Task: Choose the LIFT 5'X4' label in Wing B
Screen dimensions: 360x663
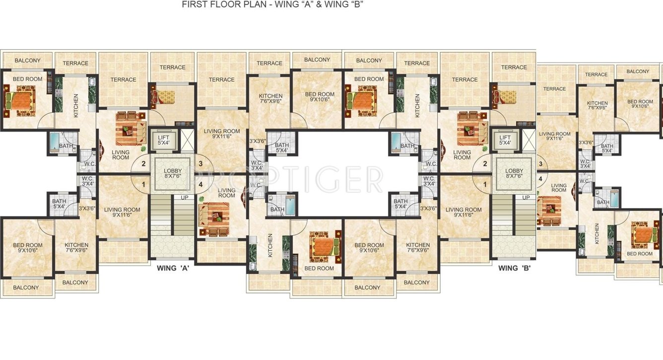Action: coord(505,141)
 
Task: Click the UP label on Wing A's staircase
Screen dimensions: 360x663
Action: coord(184,198)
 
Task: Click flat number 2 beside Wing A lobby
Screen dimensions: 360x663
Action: coord(143,163)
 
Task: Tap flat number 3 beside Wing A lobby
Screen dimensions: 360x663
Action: coord(200,163)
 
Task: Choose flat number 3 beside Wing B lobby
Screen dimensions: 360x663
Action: coord(540,163)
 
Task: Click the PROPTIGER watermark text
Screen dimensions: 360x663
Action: coord(285,179)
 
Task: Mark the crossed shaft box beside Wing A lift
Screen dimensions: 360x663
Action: coord(188,140)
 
